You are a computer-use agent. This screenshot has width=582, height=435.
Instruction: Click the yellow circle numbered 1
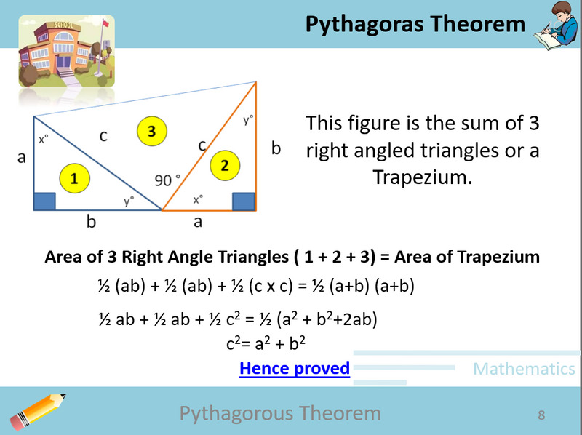click(75, 177)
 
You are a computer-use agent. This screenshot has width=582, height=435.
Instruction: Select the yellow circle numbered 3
click(151, 131)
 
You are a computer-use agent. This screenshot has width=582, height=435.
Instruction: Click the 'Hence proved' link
click(295, 368)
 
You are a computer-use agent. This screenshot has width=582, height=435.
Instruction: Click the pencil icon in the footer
click(40, 412)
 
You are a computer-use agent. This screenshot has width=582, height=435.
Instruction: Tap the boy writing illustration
click(556, 28)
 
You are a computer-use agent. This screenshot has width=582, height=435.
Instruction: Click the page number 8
click(541, 415)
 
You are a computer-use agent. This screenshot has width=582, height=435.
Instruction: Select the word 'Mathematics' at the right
click(524, 369)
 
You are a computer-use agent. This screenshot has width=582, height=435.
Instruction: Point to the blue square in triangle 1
click(44, 201)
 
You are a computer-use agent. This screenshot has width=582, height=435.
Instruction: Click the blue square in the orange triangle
click(244, 201)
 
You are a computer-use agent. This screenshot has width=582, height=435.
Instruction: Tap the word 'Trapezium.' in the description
click(423, 177)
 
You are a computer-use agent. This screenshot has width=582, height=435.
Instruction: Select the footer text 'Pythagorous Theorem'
click(280, 414)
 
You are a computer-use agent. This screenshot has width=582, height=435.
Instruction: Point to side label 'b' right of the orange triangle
click(276, 149)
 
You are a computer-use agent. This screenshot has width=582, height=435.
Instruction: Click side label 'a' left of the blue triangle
click(22, 156)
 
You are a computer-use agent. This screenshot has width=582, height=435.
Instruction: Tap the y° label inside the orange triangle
click(248, 120)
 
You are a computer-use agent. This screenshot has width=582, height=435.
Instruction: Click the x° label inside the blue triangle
click(44, 138)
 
